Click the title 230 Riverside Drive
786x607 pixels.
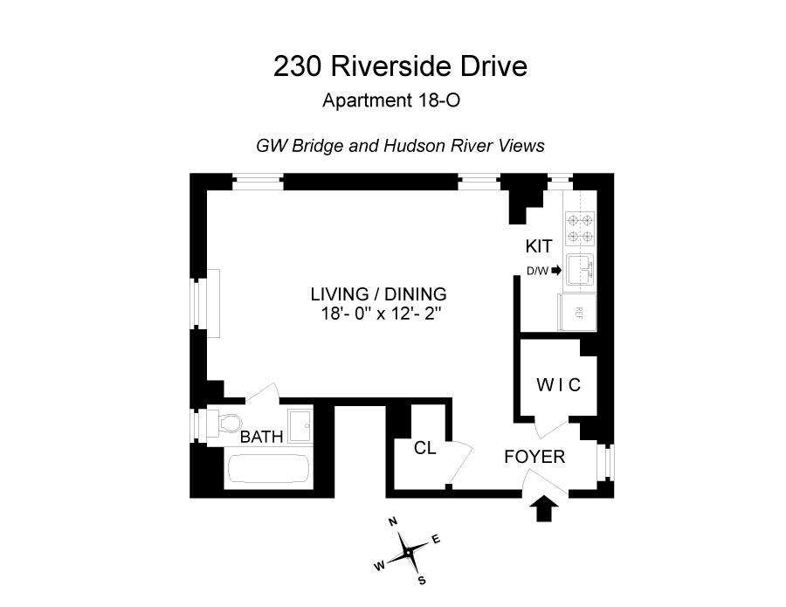(x=401, y=66)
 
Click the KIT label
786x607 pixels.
(x=540, y=246)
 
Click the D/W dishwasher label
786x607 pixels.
(x=537, y=271)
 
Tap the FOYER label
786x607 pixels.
(x=534, y=456)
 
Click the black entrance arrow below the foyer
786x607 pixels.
(x=545, y=507)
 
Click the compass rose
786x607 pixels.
(x=407, y=552)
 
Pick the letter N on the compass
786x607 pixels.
(x=393, y=522)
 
